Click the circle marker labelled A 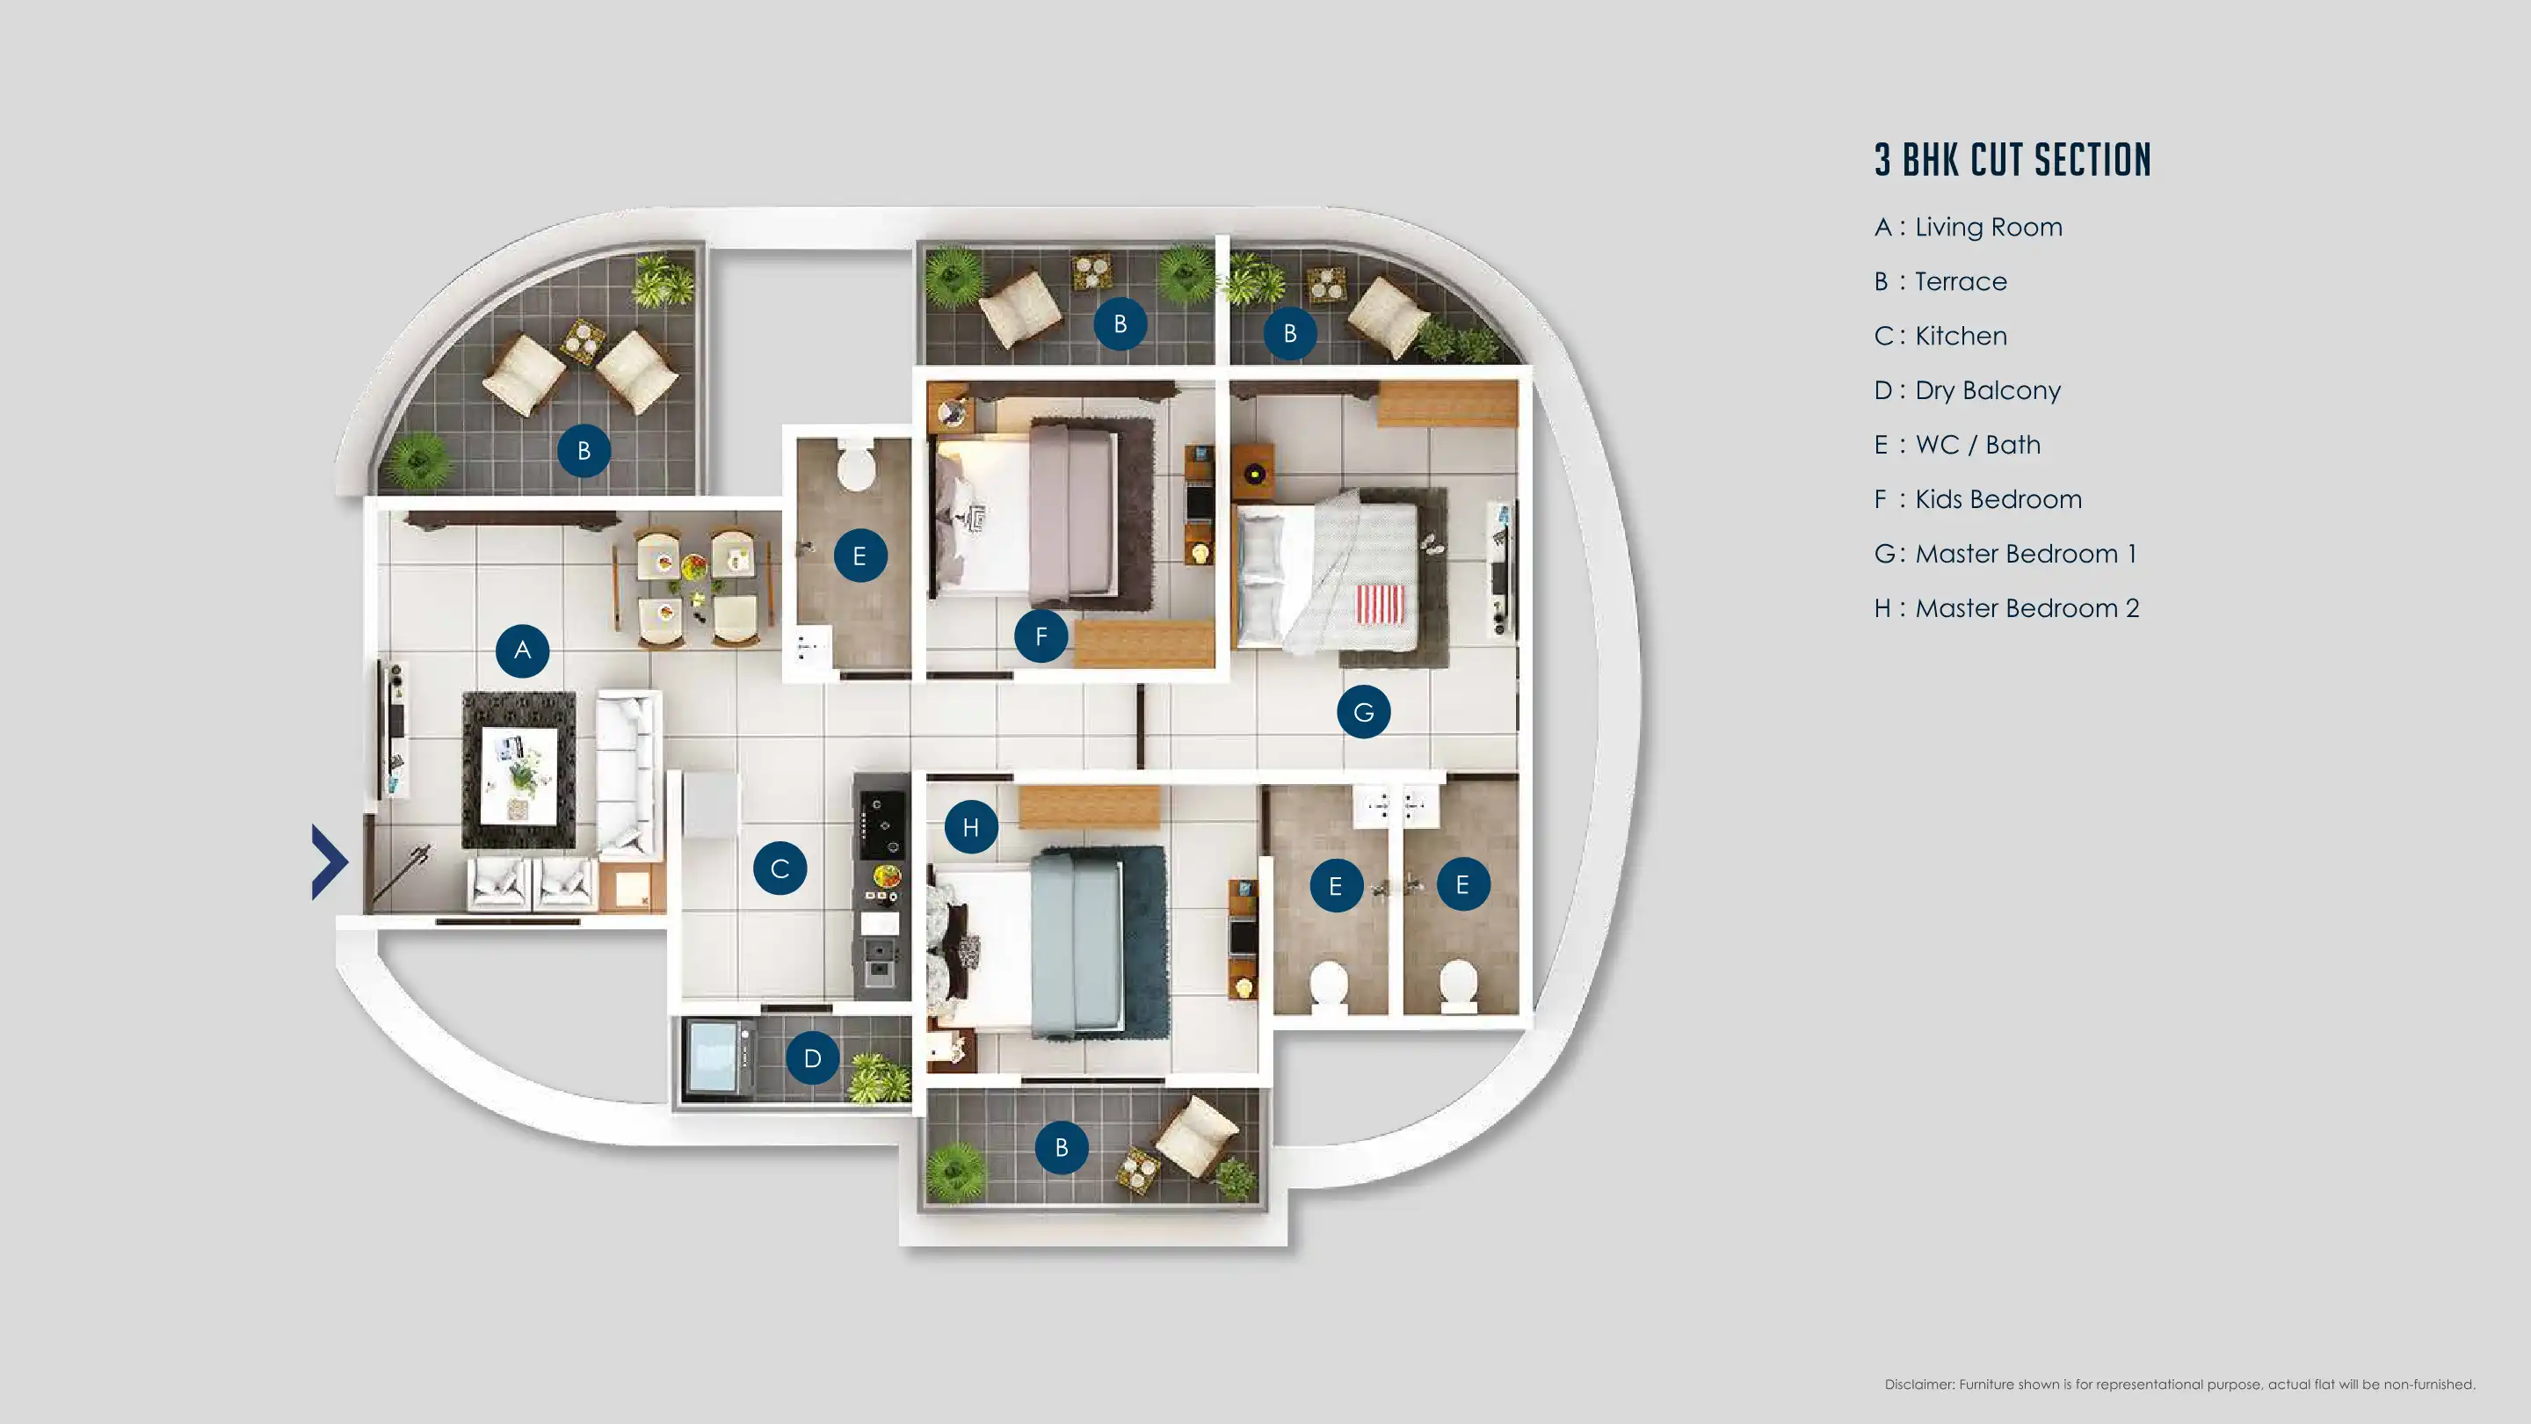click(522, 650)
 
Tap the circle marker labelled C click(780, 868)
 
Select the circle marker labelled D click(813, 1058)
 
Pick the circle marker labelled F click(1041, 636)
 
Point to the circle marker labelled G click(1364, 711)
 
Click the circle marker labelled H click(971, 827)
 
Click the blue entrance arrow click(330, 861)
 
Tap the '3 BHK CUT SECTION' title click(2012, 160)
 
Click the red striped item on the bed click(1381, 603)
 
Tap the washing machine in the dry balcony click(721, 1057)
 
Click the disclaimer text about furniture click(2179, 1384)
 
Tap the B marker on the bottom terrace click(1061, 1147)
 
